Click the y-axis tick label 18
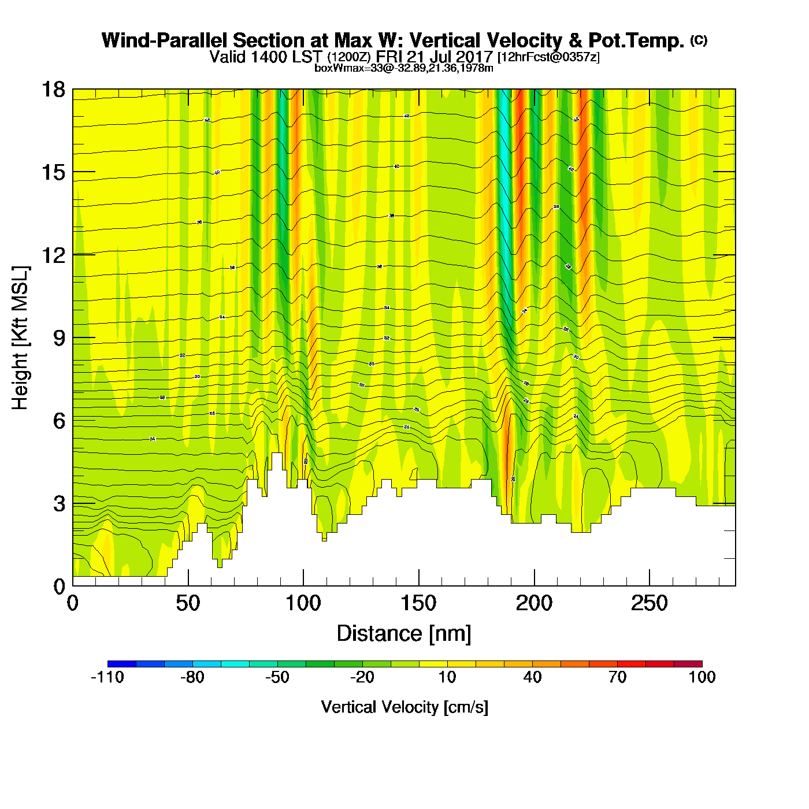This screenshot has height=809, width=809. pos(53,90)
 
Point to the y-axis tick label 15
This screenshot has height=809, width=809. pos(53,172)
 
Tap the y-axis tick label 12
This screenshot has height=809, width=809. pos(53,255)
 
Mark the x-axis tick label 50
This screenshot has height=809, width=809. pos(188,604)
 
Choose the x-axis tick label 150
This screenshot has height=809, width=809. pos(418,604)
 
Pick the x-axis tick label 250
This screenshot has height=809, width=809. pos(649,604)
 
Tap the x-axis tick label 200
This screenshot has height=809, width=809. pos(534,604)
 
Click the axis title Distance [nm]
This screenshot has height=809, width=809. pos(404,634)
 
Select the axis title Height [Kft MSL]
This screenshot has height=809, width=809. pos(21,338)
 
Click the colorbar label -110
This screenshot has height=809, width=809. pos(107,677)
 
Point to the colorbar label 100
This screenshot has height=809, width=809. pos(702,677)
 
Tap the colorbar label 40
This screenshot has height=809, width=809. pos(532,677)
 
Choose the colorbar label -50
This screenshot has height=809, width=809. pos(277,677)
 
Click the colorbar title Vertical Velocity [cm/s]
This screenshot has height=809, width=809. pos(404,707)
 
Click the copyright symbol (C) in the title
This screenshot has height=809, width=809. pos(699,40)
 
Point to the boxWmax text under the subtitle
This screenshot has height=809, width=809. pos(403,68)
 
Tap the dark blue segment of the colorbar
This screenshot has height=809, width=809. pos(122,664)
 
